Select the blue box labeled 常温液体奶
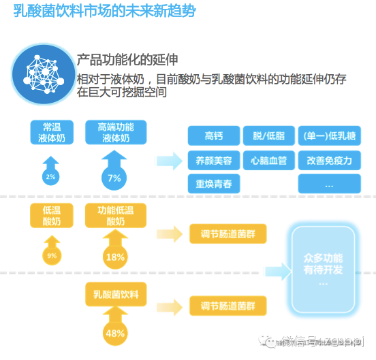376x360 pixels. tap(51, 132)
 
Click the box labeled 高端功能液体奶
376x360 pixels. tap(115, 132)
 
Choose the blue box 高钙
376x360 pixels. tap(213, 135)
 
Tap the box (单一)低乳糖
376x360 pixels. tap(328, 135)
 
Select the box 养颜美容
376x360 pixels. tap(213, 161)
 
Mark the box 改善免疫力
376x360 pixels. tap(328, 161)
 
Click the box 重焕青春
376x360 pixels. tap(213, 185)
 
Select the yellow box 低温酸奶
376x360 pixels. tap(51, 216)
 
